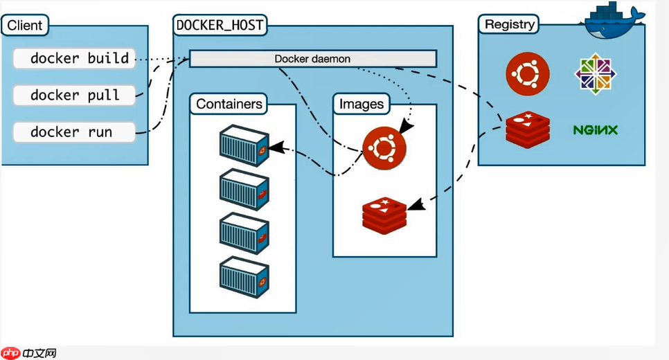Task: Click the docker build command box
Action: click(73, 58)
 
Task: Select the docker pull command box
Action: click(73, 95)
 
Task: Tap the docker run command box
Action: click(73, 132)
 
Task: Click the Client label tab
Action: click(24, 26)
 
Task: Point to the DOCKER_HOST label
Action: click(220, 25)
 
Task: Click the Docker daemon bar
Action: click(312, 59)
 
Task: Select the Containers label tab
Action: click(229, 104)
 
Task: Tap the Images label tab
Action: click(361, 104)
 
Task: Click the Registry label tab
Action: click(510, 24)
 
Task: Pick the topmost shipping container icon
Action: click(244, 145)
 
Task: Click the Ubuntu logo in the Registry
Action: click(528, 73)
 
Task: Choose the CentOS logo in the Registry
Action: click(596, 73)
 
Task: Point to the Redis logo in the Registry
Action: click(528, 129)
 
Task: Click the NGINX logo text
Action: click(596, 129)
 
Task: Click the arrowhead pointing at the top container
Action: click(275, 147)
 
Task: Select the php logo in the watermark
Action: click(10, 353)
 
